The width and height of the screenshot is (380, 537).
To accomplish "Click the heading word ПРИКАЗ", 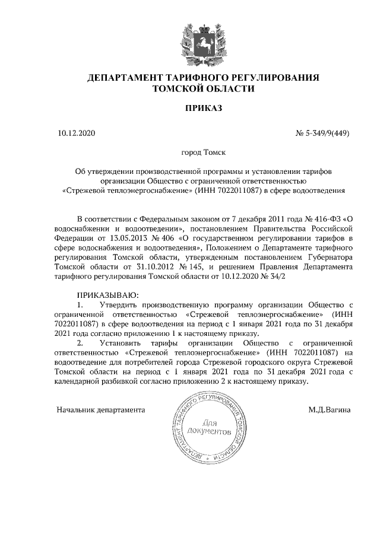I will coord(203,108).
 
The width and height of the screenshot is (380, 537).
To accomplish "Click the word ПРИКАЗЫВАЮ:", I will coord(107,295).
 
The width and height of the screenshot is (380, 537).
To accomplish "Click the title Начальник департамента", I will coord(101,409).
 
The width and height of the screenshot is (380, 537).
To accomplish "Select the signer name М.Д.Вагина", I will coord(329,409).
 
